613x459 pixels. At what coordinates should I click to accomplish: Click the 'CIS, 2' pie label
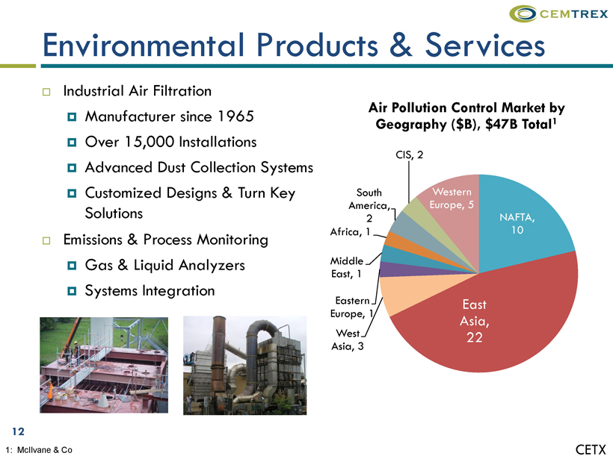tap(410, 155)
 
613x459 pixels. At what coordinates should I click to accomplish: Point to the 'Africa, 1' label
tap(350, 232)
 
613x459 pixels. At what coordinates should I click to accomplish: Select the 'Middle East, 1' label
tap(347, 267)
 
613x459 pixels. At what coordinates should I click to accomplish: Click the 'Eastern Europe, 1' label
tap(352, 307)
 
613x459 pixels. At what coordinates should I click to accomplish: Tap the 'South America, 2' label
tap(369, 205)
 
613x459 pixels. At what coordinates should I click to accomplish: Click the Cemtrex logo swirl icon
tap(523, 13)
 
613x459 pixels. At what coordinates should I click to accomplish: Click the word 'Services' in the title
tap(484, 46)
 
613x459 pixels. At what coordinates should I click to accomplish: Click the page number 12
tap(19, 431)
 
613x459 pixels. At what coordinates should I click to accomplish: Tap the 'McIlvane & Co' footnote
tap(44, 450)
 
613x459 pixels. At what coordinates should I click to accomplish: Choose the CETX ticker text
tap(591, 449)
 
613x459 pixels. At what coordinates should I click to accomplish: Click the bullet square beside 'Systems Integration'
tap(72, 291)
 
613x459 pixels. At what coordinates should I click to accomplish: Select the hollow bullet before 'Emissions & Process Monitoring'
tap(46, 240)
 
